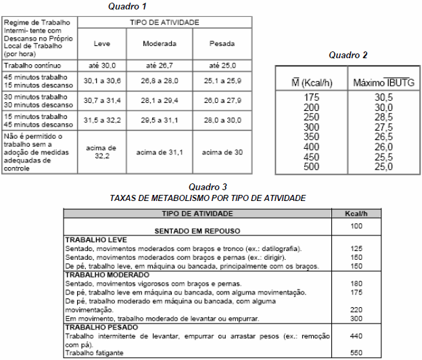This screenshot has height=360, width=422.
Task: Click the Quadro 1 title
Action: (x=128, y=6)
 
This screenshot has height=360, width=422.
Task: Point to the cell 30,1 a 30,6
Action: (x=102, y=80)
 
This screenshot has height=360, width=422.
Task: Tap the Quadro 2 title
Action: (x=348, y=55)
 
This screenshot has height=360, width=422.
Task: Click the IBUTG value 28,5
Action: (x=383, y=117)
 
